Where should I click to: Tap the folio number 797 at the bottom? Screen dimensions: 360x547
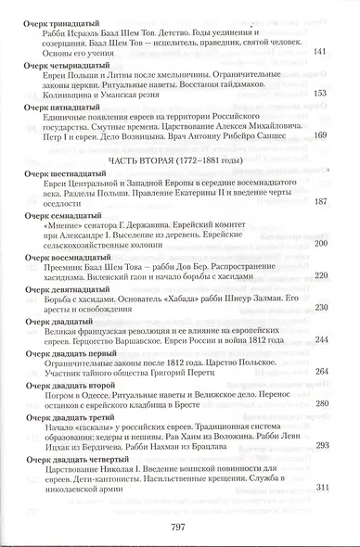[181, 529]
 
